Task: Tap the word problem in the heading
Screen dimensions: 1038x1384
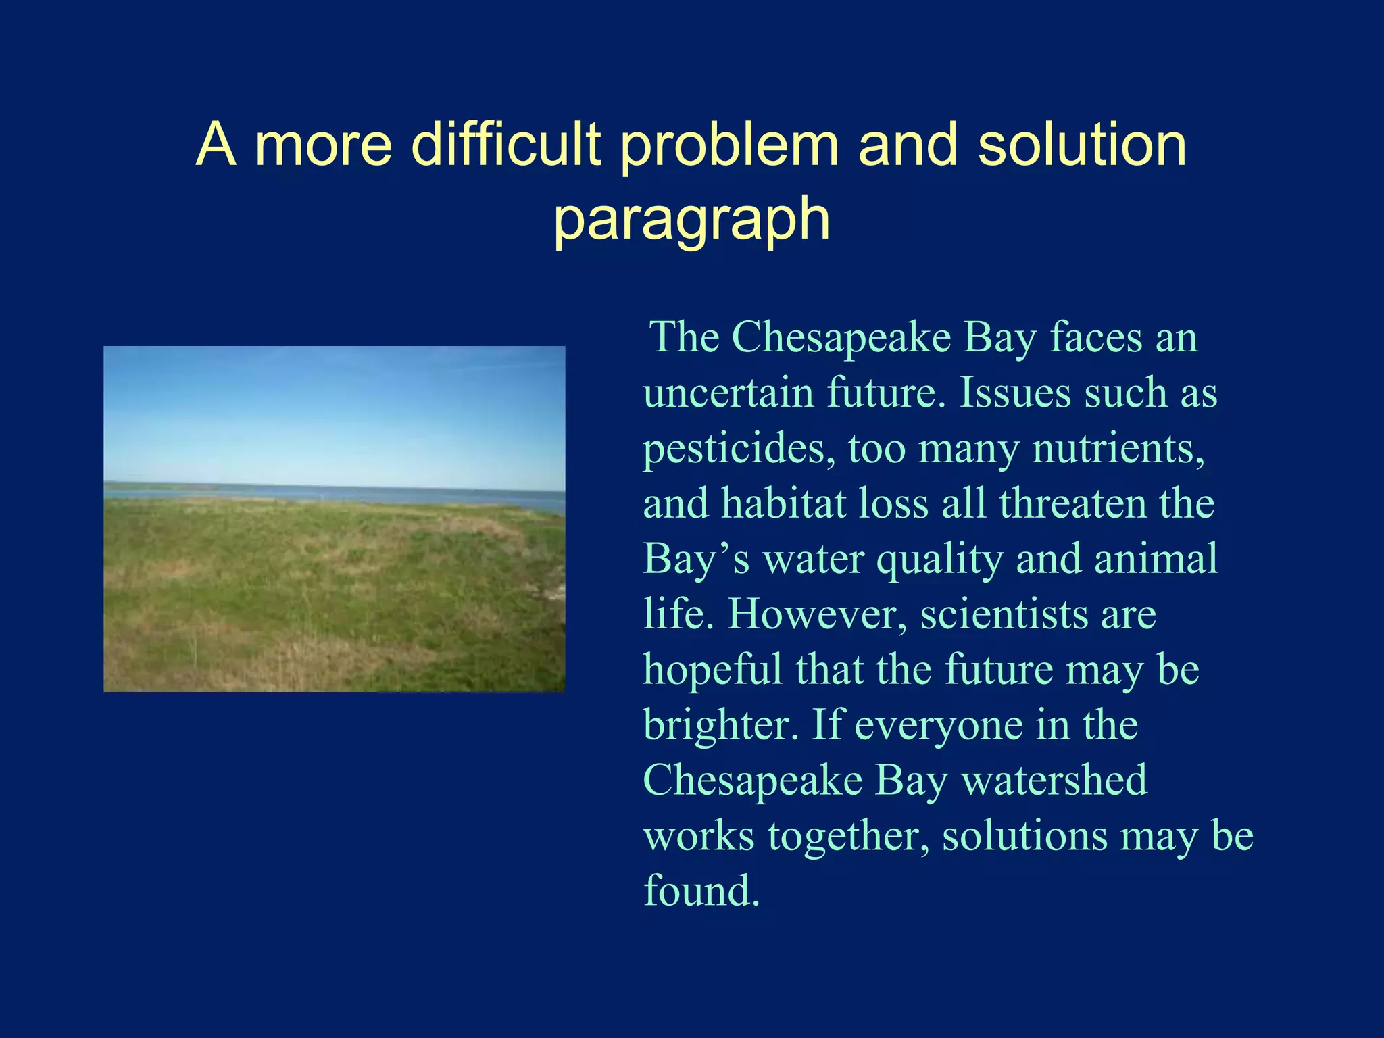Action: (x=728, y=146)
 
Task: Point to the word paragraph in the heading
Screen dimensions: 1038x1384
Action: (x=691, y=220)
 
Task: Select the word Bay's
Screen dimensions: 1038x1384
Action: (x=696, y=560)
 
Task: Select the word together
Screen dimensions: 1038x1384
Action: (x=848, y=837)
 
